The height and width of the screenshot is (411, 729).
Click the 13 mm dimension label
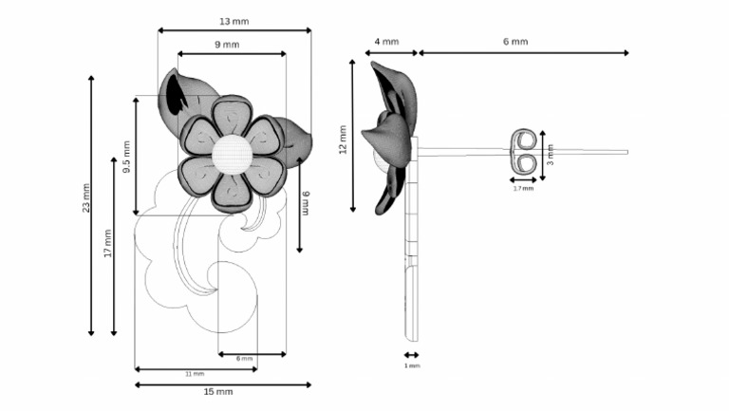pos(234,21)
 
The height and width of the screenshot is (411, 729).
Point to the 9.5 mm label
pos(127,154)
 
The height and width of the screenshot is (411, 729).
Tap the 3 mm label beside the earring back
pos(550,154)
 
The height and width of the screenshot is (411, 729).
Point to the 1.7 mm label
pos(523,188)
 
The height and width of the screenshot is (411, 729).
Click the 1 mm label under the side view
pos(412,364)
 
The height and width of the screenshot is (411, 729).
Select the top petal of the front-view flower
pos(231,117)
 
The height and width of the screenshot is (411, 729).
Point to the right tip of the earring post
pos(626,151)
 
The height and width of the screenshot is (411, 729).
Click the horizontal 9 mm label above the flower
pos(227,45)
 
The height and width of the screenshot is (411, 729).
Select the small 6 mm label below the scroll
pos(244,359)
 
